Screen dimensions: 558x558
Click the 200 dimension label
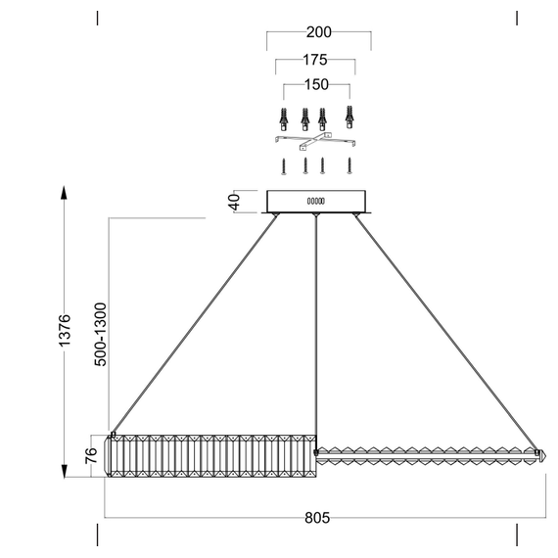coord(319,32)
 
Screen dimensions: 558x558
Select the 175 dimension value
coord(315,59)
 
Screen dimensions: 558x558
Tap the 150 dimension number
coord(315,85)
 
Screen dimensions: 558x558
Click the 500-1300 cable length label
coord(99,334)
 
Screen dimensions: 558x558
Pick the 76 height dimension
coord(91,455)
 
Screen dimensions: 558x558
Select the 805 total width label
coord(315,517)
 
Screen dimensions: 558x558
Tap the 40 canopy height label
coord(233,202)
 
